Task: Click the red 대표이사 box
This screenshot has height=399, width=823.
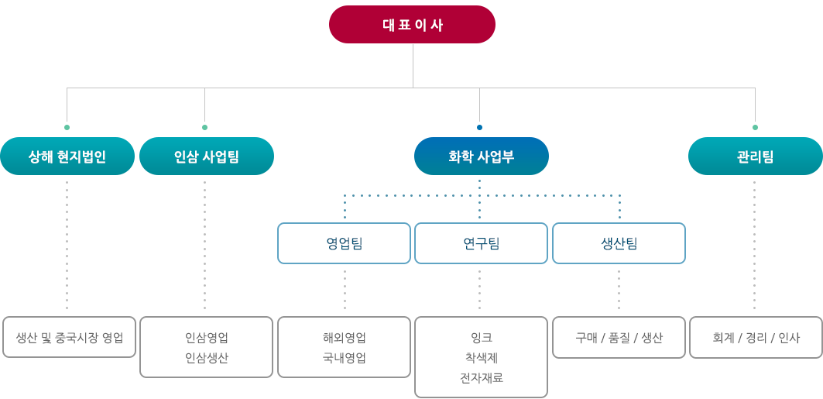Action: pos(412,25)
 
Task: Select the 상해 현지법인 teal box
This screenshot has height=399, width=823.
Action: pos(67,156)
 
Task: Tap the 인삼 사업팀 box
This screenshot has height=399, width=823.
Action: pos(206,156)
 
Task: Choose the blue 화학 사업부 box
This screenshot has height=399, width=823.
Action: pos(482,156)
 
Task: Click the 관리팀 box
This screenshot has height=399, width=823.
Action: pos(756,156)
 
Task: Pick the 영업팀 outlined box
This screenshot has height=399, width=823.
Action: pos(344,243)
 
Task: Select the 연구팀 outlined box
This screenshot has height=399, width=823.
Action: pos(482,243)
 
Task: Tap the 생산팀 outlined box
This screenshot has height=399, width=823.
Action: pos(619,243)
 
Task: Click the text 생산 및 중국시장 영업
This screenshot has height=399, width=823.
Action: pos(69,337)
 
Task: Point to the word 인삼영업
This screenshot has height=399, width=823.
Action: pos(206,337)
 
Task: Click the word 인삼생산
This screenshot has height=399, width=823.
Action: pos(206,357)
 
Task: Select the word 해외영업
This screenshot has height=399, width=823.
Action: pos(344,337)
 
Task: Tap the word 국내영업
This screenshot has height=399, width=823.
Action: pos(344,357)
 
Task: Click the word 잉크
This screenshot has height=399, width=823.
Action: pos(482,337)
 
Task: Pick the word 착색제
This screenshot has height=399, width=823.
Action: pos(482,357)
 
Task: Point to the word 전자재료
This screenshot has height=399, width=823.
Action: pos(482,377)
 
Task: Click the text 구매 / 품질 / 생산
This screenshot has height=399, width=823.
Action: pos(619,338)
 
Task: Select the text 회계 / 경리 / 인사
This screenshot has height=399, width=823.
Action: pos(756,338)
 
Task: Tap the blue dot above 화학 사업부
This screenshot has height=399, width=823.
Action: pos(479,127)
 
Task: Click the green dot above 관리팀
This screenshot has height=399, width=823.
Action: pos(756,127)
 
